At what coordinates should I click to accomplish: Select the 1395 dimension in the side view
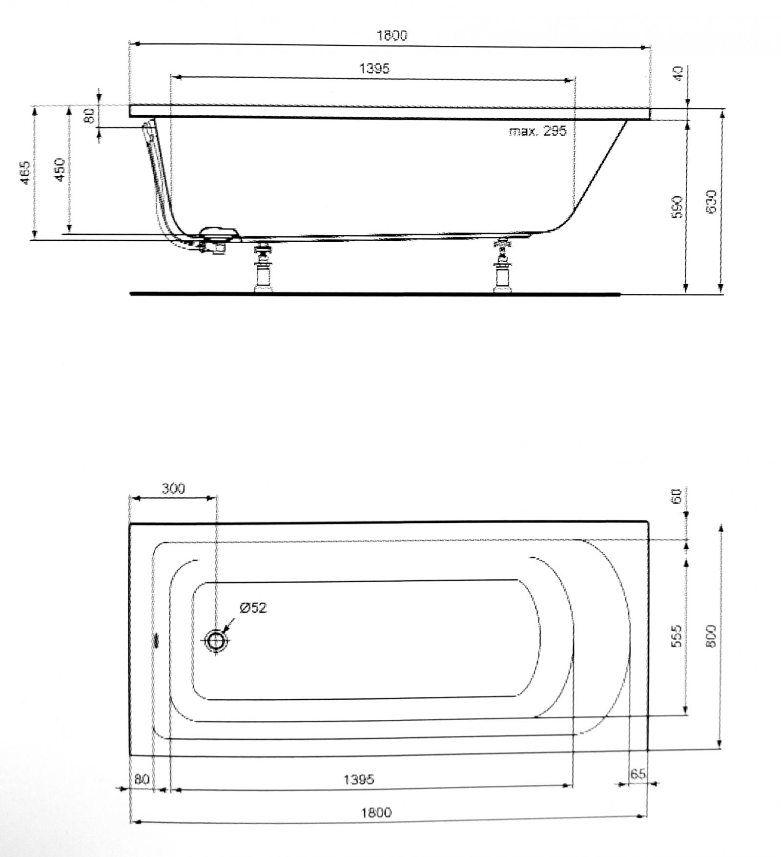click(x=375, y=68)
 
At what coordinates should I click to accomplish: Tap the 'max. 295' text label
click(x=537, y=131)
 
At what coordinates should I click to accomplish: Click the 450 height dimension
click(x=60, y=169)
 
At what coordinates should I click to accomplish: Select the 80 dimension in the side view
click(x=89, y=116)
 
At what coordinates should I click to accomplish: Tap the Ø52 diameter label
click(x=253, y=608)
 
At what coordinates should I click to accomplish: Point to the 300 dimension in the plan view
click(x=173, y=489)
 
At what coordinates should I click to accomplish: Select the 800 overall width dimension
click(x=711, y=636)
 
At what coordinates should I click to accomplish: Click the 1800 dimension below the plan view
click(x=376, y=813)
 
